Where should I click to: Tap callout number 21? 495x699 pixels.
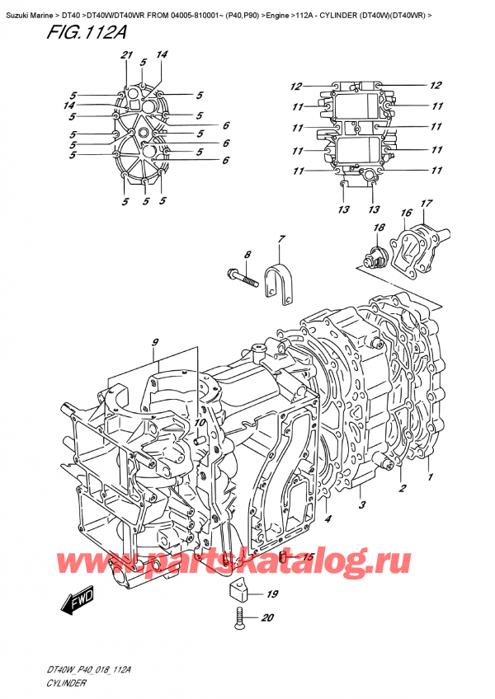click(x=126, y=54)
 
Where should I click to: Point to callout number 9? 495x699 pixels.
click(x=153, y=343)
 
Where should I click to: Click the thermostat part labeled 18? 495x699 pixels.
click(x=377, y=256)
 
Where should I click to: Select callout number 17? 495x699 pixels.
click(x=426, y=204)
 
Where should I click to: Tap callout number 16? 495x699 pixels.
click(x=406, y=213)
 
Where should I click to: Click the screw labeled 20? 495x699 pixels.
click(x=240, y=615)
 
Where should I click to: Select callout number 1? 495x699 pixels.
click(x=429, y=476)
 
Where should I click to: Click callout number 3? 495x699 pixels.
click(x=361, y=504)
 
